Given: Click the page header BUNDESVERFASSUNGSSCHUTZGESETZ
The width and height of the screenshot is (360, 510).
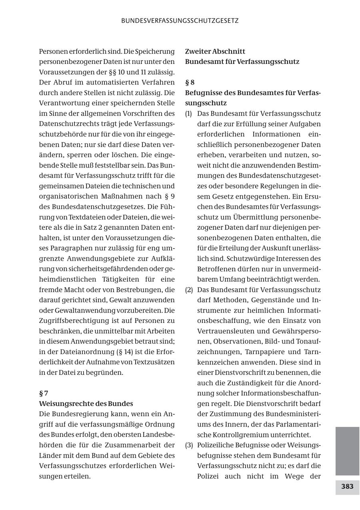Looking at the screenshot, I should click(x=180, y=21).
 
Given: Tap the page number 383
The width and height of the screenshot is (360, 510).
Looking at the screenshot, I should click(x=347, y=486).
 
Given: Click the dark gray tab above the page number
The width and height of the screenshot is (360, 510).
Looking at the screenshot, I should click(x=347, y=450).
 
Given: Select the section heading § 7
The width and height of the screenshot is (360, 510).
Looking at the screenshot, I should click(x=44, y=393).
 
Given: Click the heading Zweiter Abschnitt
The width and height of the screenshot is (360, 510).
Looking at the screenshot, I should click(x=215, y=51).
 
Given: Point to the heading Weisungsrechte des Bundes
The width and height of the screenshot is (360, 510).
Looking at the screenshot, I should click(x=86, y=404).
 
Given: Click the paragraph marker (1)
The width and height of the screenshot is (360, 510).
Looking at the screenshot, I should click(x=189, y=114).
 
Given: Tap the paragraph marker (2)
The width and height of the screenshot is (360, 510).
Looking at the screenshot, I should click(x=189, y=289).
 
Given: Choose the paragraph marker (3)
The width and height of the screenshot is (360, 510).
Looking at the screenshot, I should click(x=189, y=445).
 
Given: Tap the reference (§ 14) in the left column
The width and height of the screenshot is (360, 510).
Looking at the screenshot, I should click(x=125, y=352).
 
